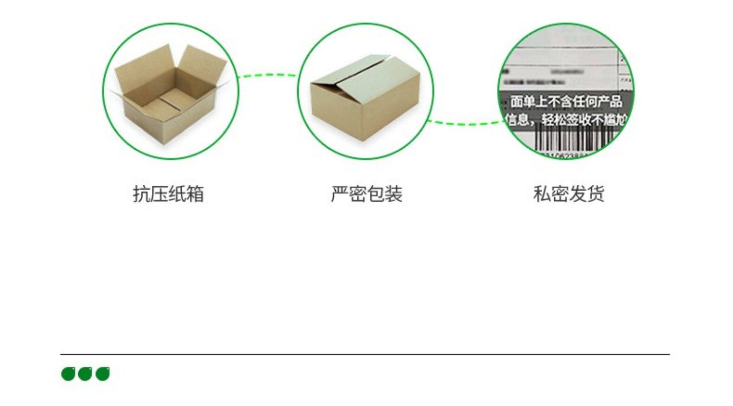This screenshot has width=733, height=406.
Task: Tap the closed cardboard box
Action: coord(366,98)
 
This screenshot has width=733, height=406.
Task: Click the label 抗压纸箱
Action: coord(168,194)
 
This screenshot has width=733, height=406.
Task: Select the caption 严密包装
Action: coord(366,194)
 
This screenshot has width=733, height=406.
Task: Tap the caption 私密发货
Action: coord(569,194)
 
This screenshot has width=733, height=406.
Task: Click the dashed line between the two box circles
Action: coord(268,75)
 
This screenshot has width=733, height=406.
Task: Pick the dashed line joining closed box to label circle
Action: coord(464,123)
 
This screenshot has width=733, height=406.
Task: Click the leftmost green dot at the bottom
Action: coord(68,374)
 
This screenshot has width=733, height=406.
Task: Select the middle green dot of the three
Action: coord(85,374)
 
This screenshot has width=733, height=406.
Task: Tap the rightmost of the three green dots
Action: coord(103,374)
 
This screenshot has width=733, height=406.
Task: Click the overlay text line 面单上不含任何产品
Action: coord(566,102)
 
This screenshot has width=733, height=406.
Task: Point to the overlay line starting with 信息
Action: coord(566,119)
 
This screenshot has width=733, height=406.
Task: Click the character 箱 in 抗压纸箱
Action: coord(195,194)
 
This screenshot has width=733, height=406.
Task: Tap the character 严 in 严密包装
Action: coord(340,194)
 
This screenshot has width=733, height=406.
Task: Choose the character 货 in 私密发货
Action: coord(596,194)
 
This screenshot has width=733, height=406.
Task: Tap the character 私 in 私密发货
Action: coord(542,194)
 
